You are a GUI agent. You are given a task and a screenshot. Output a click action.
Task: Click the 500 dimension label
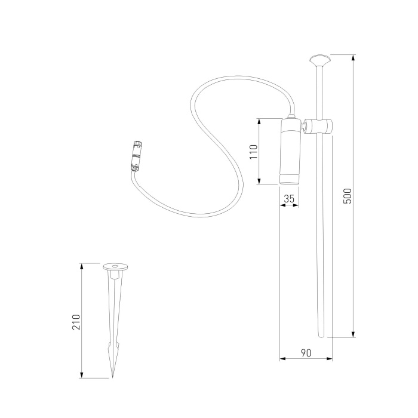348,196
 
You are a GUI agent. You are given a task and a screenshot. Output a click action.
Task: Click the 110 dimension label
254,152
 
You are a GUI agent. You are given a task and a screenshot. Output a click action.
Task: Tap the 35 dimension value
289,199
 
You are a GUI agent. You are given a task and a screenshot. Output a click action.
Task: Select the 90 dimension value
306,353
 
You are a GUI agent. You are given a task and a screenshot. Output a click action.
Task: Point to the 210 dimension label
76,322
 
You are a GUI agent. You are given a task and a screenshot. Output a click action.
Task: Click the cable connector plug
137,156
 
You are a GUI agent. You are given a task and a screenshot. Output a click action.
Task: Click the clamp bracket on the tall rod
318,127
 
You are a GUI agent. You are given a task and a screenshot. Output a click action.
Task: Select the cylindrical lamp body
290,152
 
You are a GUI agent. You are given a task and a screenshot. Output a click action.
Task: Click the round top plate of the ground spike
115,266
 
